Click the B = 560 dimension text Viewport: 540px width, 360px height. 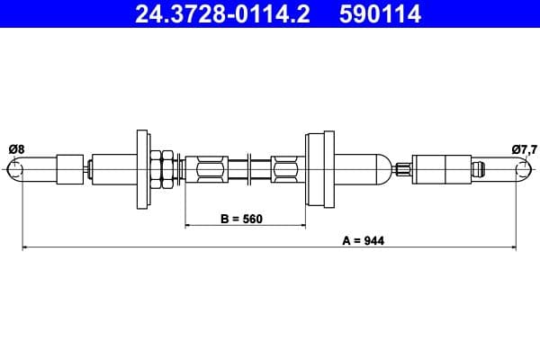pos(242,219)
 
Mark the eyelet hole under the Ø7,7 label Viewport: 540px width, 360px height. pos(525,168)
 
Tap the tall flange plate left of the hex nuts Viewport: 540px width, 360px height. pos(142,167)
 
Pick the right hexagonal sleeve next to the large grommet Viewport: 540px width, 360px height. pos(284,167)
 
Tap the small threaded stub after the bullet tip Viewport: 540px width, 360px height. pos(403,167)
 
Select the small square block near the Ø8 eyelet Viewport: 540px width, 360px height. pos(69,167)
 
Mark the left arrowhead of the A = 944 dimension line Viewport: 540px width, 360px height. pos(26,247)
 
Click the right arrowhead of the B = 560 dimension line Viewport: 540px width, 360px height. pos(301,224)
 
